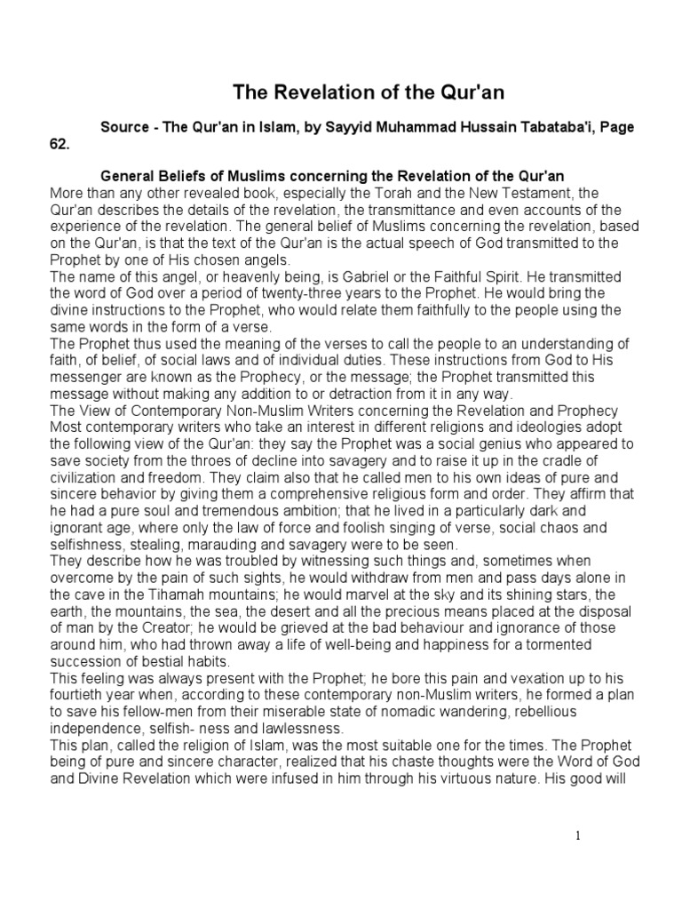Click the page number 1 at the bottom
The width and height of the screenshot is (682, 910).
click(577, 835)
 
